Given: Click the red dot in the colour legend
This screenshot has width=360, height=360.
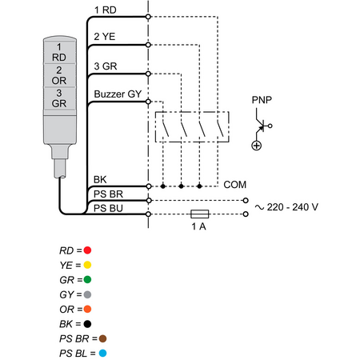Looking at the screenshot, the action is point(87,250).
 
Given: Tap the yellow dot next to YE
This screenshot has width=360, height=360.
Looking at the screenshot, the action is point(87,265).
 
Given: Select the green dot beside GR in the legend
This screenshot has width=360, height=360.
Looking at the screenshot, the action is point(87,279).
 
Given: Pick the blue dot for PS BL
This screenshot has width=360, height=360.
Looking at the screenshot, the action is point(102,353).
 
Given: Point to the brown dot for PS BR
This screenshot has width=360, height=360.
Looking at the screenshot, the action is point(102,338).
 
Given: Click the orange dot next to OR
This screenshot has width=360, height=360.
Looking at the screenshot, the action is point(87,309).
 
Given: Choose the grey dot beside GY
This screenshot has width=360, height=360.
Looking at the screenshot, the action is point(87,294).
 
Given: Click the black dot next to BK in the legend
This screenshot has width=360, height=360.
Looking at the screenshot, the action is point(87,324).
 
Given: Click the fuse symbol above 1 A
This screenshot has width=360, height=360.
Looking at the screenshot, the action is point(200,214).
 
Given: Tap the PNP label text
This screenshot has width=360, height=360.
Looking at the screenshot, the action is point(262,100).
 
